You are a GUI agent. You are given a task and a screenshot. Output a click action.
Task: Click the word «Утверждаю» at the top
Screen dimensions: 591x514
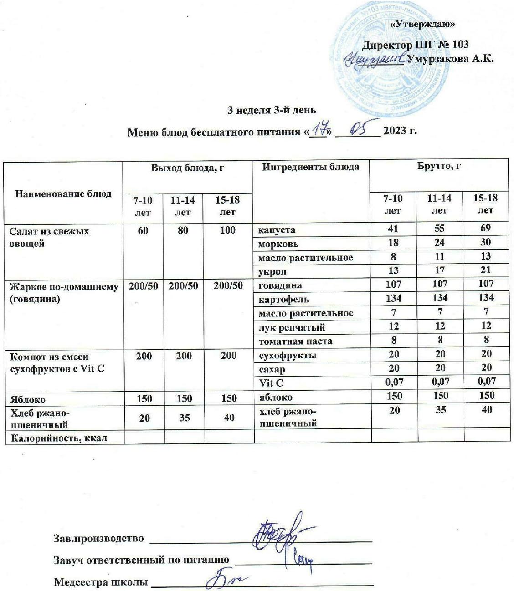(x=423, y=24)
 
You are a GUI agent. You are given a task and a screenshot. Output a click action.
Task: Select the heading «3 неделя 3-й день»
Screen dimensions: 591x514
(x=272, y=110)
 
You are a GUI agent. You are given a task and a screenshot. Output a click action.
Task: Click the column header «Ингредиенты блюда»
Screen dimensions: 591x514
(x=310, y=167)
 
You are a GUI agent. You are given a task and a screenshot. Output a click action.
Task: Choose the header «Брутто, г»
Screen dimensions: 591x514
(x=439, y=167)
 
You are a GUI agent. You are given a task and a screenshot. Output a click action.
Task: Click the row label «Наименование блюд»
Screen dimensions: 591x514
(x=63, y=194)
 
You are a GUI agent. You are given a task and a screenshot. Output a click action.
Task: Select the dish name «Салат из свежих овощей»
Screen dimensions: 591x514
(x=49, y=237)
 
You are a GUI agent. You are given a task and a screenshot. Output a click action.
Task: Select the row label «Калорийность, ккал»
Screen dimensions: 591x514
(x=58, y=438)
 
